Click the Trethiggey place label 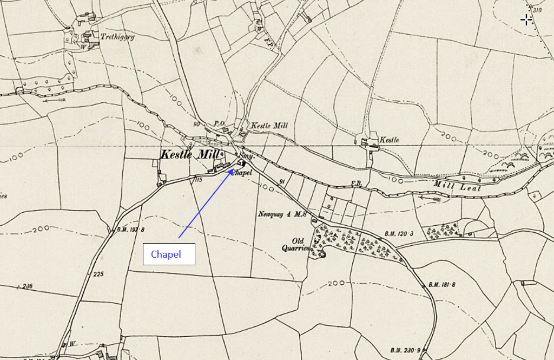[117, 37]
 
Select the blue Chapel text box [168, 254]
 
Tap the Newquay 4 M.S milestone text [282, 214]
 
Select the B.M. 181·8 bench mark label [441, 284]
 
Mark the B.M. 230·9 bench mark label [405, 349]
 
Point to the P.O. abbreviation [220, 124]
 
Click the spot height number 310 [537, 10]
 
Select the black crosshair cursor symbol [526, 21]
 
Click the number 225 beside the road [97, 274]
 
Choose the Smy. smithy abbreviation [246, 156]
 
